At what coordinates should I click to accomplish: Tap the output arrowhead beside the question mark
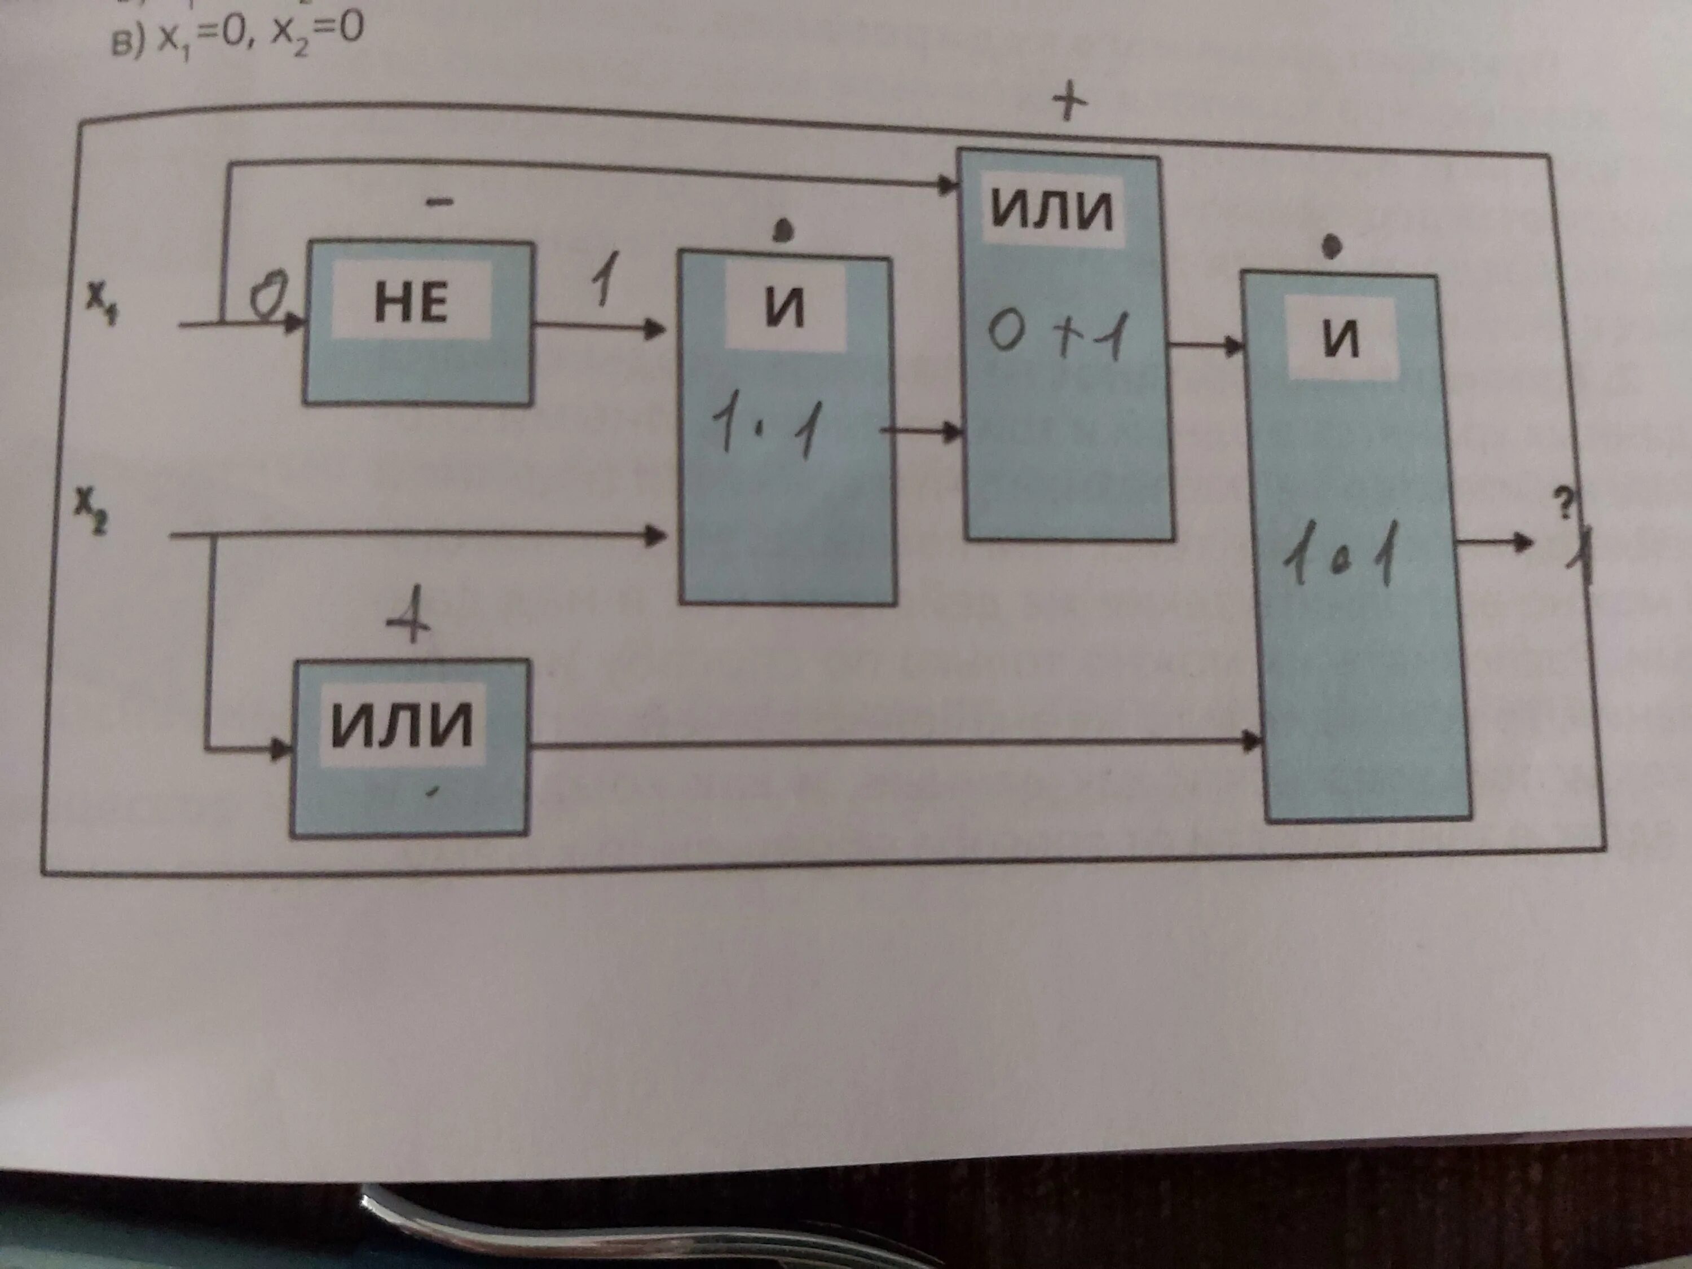click(1524, 543)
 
